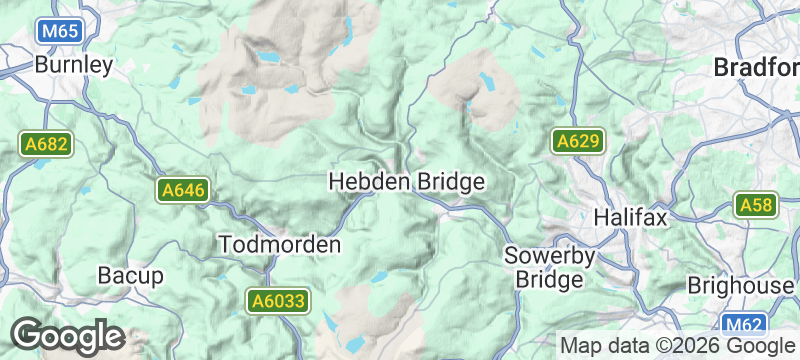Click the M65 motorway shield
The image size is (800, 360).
click(x=60, y=32)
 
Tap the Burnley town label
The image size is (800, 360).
click(x=73, y=65)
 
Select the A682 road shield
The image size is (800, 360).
click(x=46, y=144)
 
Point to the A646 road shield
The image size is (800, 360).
click(x=182, y=190)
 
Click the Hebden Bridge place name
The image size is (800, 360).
click(x=407, y=182)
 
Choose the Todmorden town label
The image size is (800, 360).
click(x=280, y=244)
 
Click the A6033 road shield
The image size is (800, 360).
click(x=277, y=300)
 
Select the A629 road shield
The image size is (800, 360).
click(x=579, y=142)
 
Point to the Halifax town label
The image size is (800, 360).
click(x=629, y=216)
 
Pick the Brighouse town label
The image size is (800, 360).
click(x=740, y=285)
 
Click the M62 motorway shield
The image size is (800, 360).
click(x=742, y=324)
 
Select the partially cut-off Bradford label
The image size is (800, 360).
click(x=757, y=68)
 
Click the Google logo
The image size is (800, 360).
click(x=67, y=336)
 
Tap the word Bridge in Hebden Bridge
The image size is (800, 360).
click(x=450, y=182)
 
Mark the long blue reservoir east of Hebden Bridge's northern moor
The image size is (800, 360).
click(x=487, y=80)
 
